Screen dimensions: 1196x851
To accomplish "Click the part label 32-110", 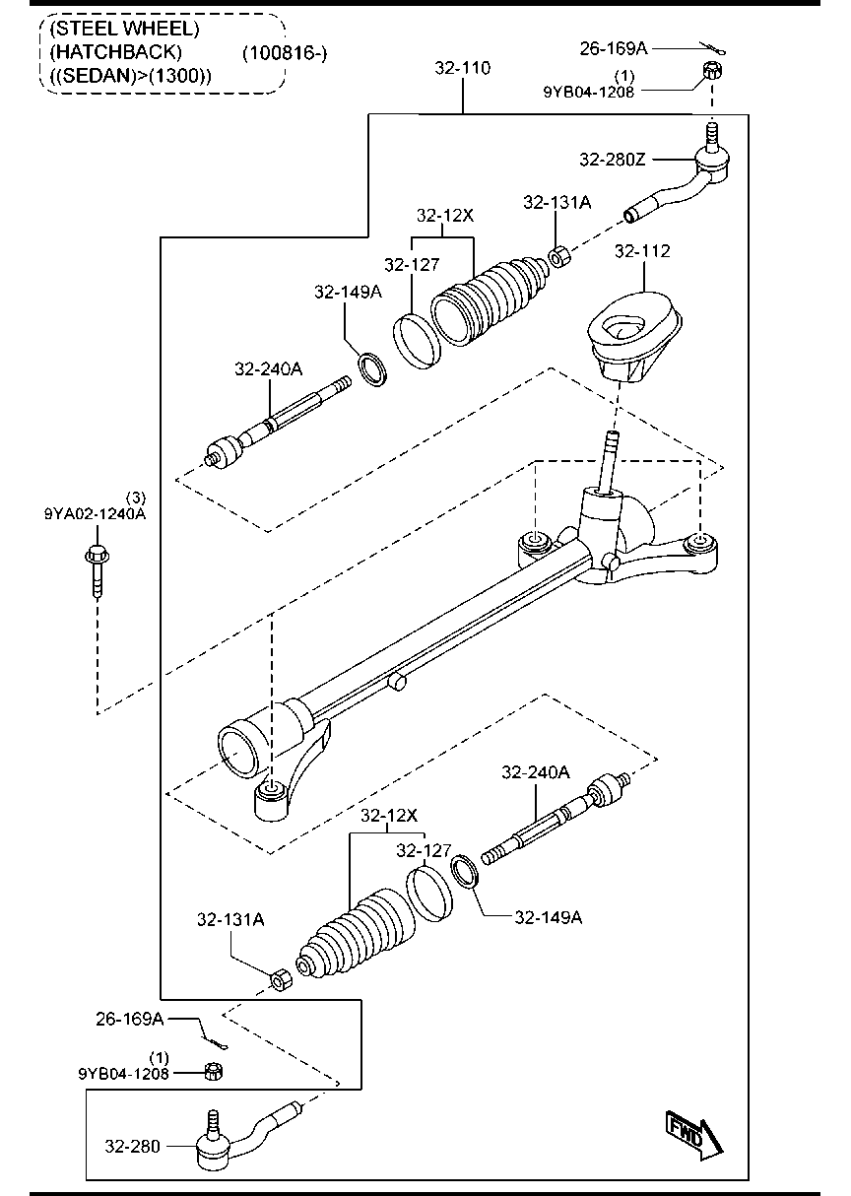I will coord(462,68).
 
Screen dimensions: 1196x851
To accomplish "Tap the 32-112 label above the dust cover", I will coord(642,251).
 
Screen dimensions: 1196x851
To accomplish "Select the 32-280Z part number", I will coord(613,159).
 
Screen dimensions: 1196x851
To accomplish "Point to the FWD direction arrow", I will coord(694,1135).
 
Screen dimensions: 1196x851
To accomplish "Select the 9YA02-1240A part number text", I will coord(95,512).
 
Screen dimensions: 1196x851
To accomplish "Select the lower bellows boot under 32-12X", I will coord(360,936).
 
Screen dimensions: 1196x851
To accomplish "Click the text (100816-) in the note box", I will coord(284,52).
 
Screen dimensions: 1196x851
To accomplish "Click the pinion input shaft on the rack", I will coord(611,458).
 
